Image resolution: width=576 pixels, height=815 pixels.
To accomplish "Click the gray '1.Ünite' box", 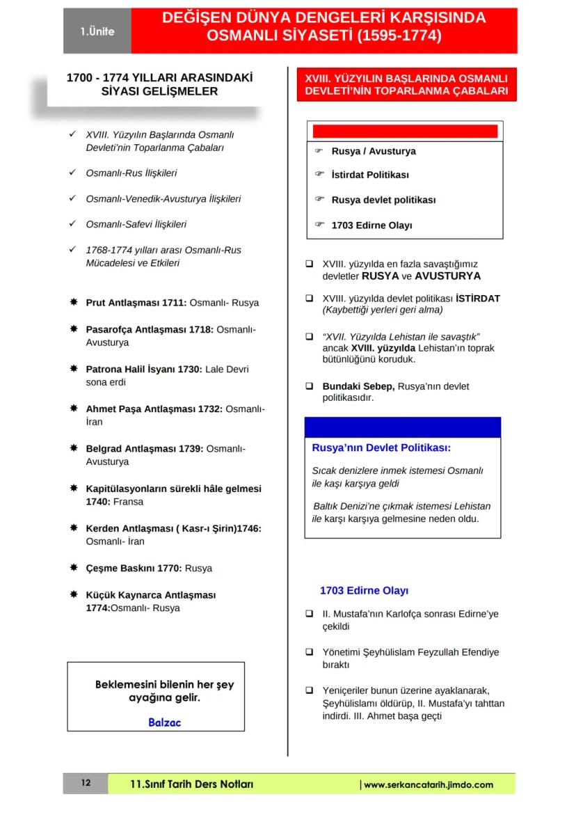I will (x=97, y=31).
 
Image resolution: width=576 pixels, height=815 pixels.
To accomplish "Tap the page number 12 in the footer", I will (x=85, y=784).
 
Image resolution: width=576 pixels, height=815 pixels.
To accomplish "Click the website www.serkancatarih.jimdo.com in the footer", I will (x=428, y=784).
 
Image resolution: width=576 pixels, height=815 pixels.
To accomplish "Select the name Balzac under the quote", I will (x=164, y=722).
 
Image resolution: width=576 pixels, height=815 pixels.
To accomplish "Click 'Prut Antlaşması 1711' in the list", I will (x=136, y=303).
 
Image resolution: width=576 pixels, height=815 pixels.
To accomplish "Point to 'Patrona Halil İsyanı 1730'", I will (x=143, y=369).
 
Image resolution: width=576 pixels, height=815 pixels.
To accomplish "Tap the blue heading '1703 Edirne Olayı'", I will (x=364, y=590).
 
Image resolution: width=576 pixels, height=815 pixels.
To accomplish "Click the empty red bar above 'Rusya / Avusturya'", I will (x=405, y=131).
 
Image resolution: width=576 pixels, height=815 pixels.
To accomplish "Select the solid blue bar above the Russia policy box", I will (x=402, y=427).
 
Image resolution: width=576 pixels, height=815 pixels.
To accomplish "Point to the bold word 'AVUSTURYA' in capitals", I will (x=448, y=276).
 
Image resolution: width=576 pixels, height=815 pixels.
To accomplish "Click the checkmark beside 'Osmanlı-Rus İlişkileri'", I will (x=73, y=173).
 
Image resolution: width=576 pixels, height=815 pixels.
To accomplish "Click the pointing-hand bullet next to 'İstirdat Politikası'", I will (x=320, y=174).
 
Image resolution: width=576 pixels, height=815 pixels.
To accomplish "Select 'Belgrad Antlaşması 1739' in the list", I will (x=144, y=449).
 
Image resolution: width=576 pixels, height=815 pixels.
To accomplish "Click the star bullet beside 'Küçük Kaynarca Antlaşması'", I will (x=73, y=595).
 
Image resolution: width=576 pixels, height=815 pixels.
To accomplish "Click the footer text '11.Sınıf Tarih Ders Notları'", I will (x=191, y=784).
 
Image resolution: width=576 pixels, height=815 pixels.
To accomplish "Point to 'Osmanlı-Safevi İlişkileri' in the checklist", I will (x=136, y=224).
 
